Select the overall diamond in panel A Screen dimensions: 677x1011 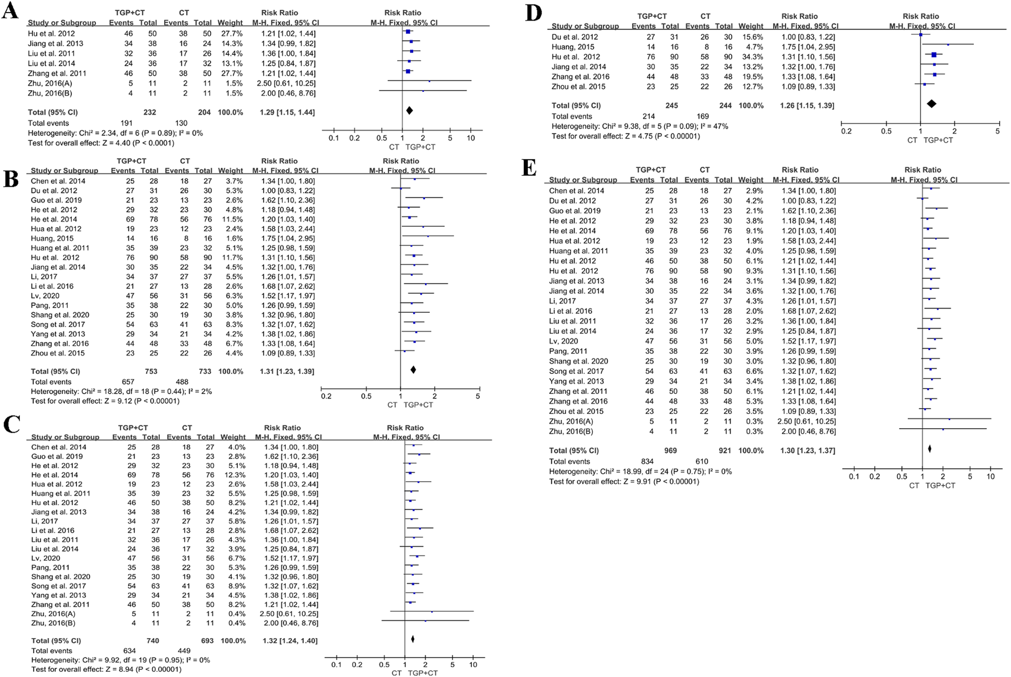[409, 111]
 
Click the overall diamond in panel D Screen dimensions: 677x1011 [931, 103]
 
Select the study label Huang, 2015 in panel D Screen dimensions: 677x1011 [572, 47]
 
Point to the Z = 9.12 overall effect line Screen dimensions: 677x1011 [105, 401]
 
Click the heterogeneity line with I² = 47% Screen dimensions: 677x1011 [640, 126]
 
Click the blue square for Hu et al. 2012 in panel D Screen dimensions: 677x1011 [934, 55]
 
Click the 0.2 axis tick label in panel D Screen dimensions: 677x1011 [846, 131]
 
